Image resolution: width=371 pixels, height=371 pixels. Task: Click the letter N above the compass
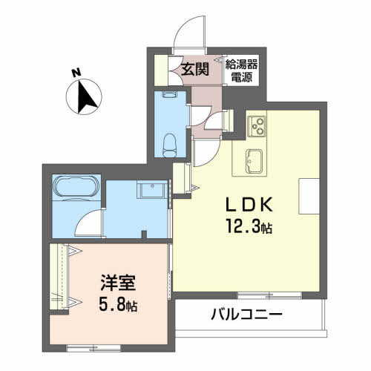(x=75, y=72)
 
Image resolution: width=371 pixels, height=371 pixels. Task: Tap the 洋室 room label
(x=116, y=284)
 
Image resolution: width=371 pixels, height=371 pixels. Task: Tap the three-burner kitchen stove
(x=257, y=125)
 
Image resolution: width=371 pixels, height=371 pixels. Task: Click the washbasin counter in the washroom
(x=151, y=191)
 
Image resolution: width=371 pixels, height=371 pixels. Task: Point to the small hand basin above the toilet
(x=167, y=96)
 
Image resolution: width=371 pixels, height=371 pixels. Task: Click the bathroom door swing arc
(x=93, y=221)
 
